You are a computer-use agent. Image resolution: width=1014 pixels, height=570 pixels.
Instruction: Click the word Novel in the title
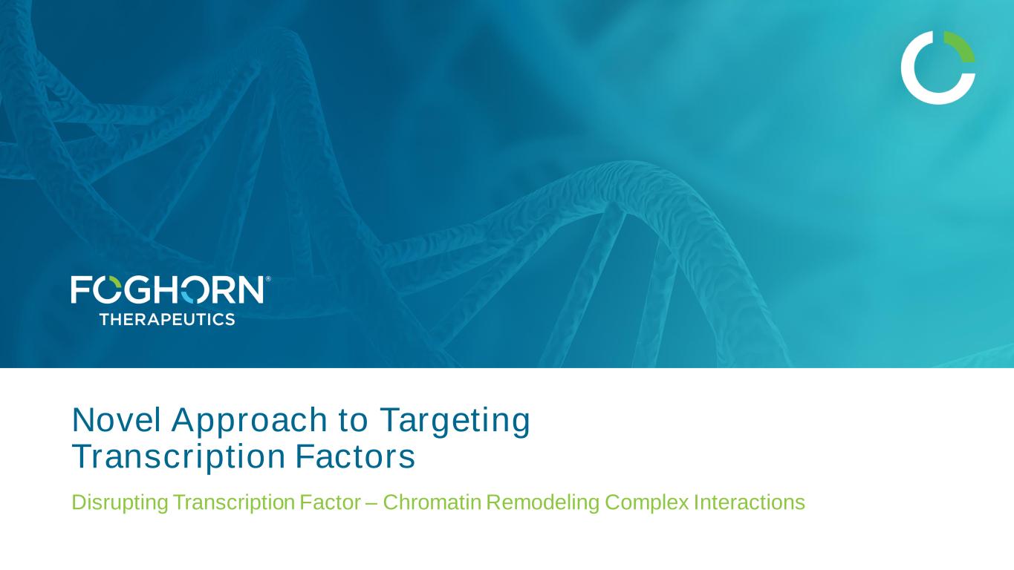point(117,420)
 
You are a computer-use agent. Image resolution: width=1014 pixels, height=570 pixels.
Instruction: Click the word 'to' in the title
point(353,421)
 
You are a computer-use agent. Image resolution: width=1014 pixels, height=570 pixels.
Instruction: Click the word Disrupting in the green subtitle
point(120,503)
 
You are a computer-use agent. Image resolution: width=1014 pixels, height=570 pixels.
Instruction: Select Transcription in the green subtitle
point(234,503)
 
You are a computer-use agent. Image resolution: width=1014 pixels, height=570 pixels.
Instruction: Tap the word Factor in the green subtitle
point(330,502)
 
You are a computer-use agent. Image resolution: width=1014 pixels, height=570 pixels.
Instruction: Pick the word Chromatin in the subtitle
point(432,502)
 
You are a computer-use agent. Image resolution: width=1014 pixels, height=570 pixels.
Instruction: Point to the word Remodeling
point(543,503)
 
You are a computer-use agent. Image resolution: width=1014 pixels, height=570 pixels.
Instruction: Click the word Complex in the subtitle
point(647,503)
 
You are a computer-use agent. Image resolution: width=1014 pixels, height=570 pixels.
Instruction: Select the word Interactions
point(750,502)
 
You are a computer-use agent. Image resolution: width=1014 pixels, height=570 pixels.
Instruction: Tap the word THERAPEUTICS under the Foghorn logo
point(167,319)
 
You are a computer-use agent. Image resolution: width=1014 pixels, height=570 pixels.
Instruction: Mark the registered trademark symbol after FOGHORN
point(268,279)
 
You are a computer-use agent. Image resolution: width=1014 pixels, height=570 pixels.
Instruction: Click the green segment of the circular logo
point(961,45)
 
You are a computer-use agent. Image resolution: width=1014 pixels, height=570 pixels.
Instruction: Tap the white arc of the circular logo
point(914,86)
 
